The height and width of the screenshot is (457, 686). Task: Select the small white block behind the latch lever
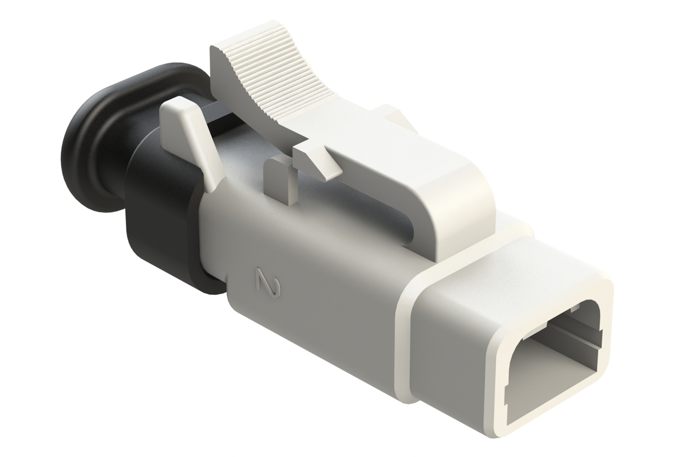(393, 114)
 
